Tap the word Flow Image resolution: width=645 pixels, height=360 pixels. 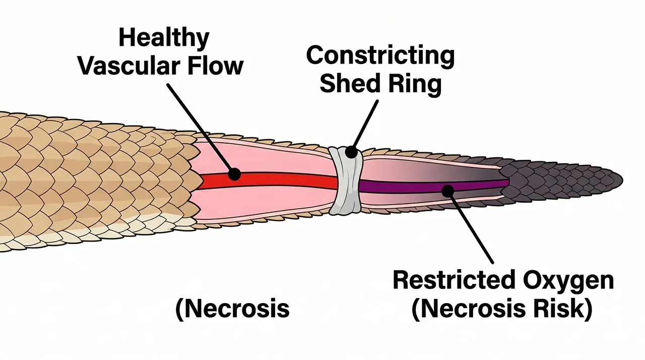(217, 66)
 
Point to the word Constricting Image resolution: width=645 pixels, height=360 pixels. (380, 56)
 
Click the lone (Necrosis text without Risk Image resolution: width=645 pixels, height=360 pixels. (232, 309)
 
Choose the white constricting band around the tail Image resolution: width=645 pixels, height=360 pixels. (346, 181)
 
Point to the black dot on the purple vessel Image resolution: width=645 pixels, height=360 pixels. (446, 190)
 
